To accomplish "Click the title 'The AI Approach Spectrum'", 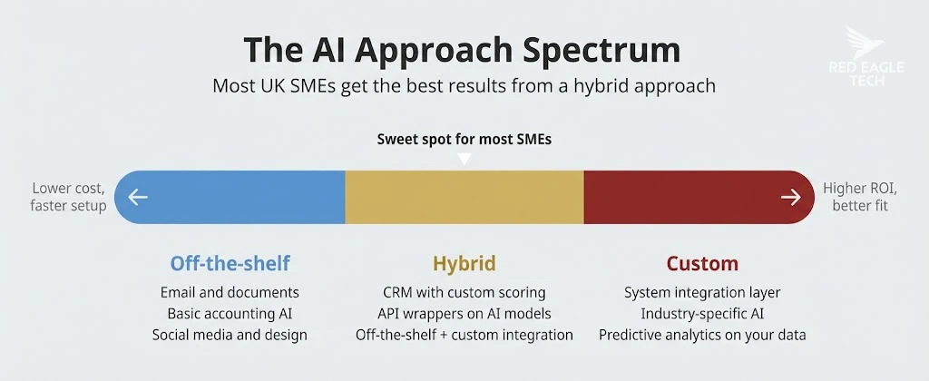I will (x=464, y=50).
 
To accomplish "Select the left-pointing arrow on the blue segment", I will (x=138, y=197).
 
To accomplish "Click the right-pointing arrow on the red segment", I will (x=790, y=197).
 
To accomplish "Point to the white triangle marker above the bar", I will (x=464, y=159).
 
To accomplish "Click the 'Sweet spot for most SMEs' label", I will (x=464, y=140).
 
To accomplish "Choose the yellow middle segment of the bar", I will (x=464, y=197).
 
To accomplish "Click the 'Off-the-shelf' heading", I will (x=230, y=264).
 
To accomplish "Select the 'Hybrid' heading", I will (x=464, y=264).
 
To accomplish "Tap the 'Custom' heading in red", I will (x=702, y=264).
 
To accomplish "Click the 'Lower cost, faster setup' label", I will (x=69, y=197).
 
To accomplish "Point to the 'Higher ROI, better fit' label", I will (x=860, y=197).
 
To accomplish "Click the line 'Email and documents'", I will (x=230, y=293).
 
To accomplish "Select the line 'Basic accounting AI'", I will (x=230, y=314).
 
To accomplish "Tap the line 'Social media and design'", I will (x=230, y=335).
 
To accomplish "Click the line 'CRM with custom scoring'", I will (x=464, y=293).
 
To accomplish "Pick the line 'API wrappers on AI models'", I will (x=464, y=314).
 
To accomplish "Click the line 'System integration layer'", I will (x=702, y=293).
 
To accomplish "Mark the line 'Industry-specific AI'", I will (x=702, y=314).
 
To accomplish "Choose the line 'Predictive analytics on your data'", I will (x=702, y=335).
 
